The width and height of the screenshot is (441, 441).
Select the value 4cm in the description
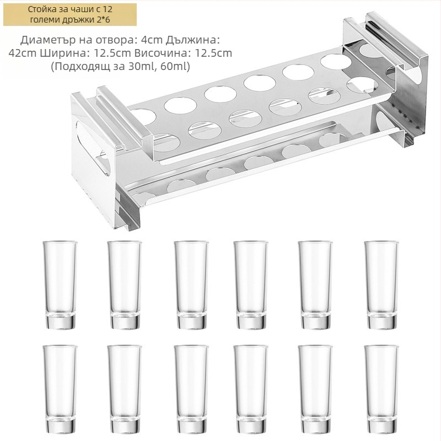click(x=152, y=40)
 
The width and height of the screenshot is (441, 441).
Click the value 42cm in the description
click(x=23, y=53)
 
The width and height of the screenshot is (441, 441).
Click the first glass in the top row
click(x=60, y=285)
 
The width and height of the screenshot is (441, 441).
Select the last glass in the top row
click(x=381, y=285)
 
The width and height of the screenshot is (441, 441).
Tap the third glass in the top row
click(x=191, y=285)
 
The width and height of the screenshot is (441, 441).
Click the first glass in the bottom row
click(x=60, y=389)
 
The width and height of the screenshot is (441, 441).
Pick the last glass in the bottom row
click(x=381, y=389)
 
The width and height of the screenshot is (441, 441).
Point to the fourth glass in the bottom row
click(x=251, y=389)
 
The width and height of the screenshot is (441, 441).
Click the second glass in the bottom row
click(x=125, y=389)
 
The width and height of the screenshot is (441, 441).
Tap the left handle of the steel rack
click(x=121, y=118)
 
